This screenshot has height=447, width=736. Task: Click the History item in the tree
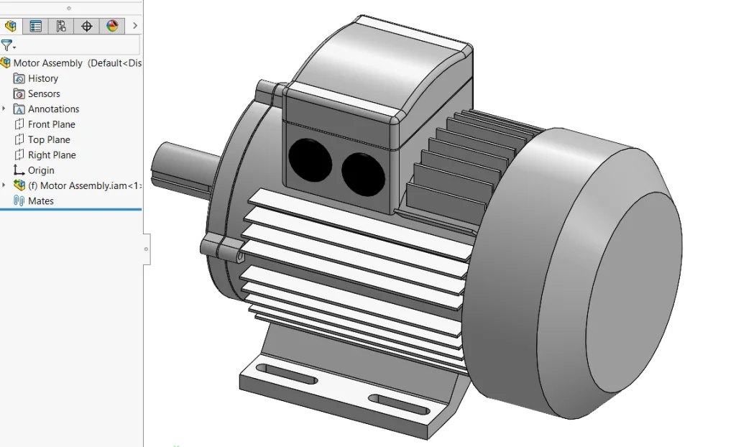pos(42,78)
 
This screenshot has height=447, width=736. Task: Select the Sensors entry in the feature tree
pos(43,93)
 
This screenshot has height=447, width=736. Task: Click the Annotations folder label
pos(53,109)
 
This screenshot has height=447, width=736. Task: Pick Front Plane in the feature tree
pos(51,124)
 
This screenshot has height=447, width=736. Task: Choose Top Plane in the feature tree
pos(49,139)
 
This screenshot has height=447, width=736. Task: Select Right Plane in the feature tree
pos(51,155)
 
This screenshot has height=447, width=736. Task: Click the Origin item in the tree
pos(41,170)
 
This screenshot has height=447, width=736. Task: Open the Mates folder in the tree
pos(40,201)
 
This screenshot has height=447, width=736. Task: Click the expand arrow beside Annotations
pos(4,109)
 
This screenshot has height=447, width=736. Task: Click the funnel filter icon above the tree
pos(6,45)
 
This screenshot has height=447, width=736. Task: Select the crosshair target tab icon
pos(86,27)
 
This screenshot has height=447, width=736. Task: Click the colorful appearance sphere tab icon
pos(112,27)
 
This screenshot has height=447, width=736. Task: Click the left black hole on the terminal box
pos(310,160)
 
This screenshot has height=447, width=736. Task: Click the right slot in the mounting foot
pos(397,402)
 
